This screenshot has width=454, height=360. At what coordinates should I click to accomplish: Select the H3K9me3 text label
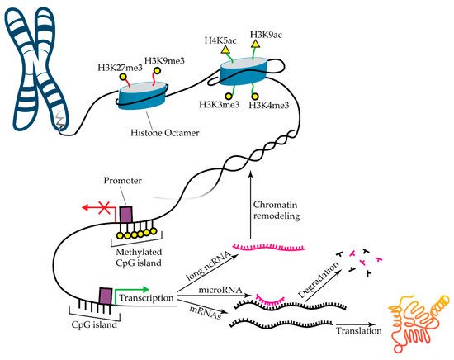click(x=163, y=59)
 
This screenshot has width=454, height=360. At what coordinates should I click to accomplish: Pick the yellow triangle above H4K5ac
click(x=225, y=52)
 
